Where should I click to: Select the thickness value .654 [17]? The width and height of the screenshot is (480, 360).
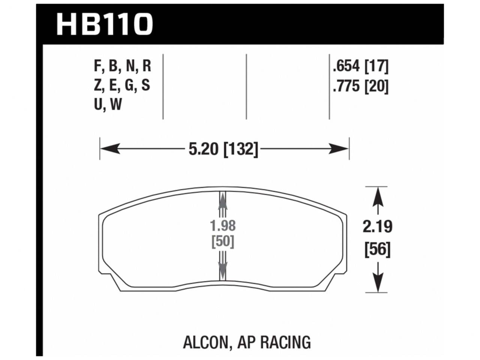360,67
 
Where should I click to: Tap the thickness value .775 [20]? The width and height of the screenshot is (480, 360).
360,87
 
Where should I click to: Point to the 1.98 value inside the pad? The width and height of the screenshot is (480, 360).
223,226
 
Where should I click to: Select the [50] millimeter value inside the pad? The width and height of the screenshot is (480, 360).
223,242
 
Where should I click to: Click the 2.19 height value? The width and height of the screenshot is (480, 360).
377,226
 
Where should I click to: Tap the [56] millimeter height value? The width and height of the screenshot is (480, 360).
377,249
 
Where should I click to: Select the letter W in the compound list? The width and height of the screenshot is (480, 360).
116,105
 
